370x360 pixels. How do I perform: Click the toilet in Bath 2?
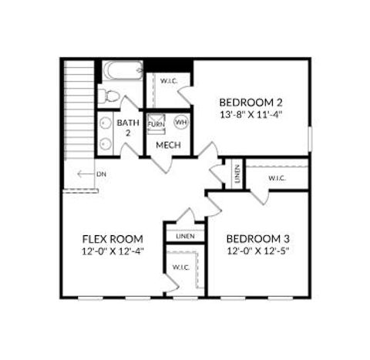click(x=109, y=96)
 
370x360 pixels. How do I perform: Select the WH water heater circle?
click(x=181, y=122)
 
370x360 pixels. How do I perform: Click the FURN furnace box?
click(x=156, y=123)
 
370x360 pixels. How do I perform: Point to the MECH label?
click(x=168, y=145)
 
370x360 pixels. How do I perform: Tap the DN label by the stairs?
click(x=101, y=174)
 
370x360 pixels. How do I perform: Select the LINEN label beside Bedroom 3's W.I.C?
click(x=237, y=173)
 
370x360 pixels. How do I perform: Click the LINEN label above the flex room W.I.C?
click(x=185, y=236)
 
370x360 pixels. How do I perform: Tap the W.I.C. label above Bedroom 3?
click(x=277, y=178)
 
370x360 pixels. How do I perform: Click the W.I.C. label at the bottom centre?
click(x=181, y=267)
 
